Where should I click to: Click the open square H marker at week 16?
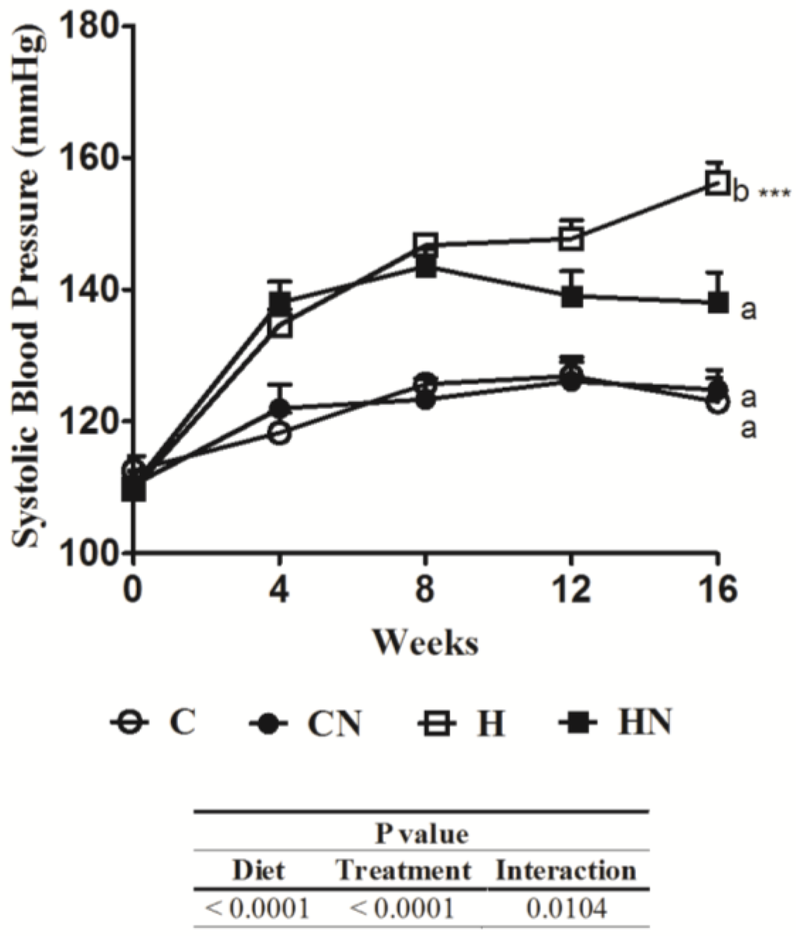(x=716, y=183)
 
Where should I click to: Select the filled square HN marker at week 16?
(x=717, y=302)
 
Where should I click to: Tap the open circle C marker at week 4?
(x=280, y=433)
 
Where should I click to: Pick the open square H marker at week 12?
(x=572, y=239)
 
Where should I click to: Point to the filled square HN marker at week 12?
(x=572, y=296)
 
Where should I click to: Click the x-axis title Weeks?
(x=424, y=642)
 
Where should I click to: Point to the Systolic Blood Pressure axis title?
(x=29, y=289)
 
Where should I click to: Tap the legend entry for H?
(x=463, y=724)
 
